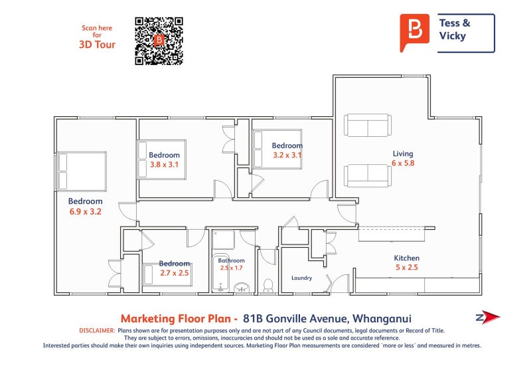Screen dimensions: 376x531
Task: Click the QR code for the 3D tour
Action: (x=159, y=41)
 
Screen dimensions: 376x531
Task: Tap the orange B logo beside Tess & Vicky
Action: (x=415, y=31)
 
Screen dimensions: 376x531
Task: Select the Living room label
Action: (x=402, y=153)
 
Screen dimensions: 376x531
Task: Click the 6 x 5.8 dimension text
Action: (x=402, y=163)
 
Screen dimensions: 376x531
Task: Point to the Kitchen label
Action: (x=407, y=258)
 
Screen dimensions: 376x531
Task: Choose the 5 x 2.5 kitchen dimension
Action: (x=407, y=268)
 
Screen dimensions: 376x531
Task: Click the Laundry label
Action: (x=301, y=278)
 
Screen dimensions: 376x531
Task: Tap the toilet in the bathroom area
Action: (x=269, y=286)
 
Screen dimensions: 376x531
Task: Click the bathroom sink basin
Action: (x=243, y=287)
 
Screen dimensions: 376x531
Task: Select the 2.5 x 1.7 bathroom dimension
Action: (x=232, y=268)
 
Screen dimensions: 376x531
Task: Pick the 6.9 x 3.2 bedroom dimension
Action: (x=85, y=212)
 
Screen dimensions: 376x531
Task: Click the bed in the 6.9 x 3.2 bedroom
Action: (x=82, y=171)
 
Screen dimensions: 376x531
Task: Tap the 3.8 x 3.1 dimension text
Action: (x=164, y=164)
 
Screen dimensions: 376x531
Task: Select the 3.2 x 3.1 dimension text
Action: (x=287, y=155)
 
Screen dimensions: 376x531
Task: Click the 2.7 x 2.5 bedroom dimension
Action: (x=174, y=272)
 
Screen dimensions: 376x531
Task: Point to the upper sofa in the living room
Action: (x=367, y=126)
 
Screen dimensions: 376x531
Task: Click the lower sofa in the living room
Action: (x=367, y=175)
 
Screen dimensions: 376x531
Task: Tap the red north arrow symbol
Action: (x=489, y=318)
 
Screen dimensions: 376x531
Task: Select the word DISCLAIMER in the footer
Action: (x=97, y=330)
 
